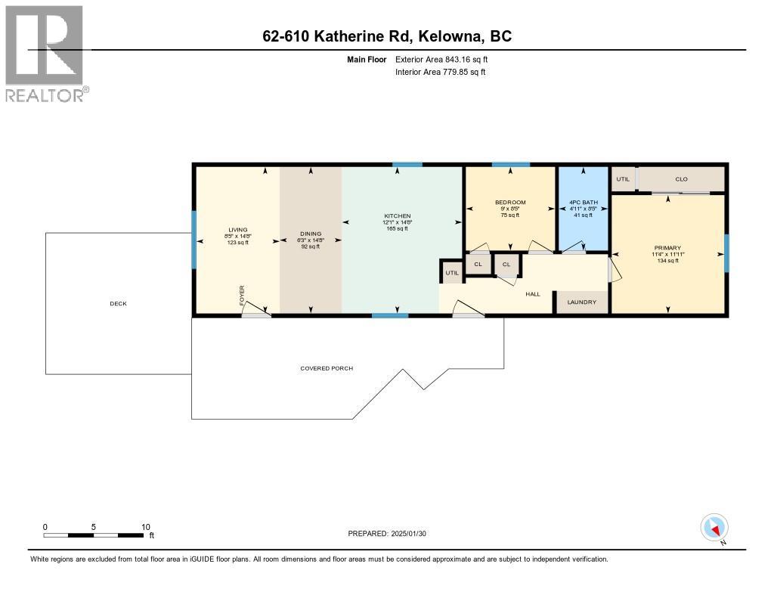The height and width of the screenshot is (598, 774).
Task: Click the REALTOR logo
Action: click(x=45, y=53)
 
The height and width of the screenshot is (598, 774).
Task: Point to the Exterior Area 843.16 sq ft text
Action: click(x=447, y=59)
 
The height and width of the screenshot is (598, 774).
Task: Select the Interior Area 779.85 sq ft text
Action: click(x=440, y=72)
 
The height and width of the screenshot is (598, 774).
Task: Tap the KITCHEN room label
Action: click(x=397, y=216)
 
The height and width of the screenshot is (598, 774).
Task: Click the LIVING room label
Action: click(x=238, y=230)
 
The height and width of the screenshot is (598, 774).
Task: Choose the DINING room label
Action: click(x=311, y=234)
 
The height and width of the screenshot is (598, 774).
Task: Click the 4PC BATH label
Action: click(x=583, y=203)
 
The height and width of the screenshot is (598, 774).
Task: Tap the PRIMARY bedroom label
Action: click(x=668, y=248)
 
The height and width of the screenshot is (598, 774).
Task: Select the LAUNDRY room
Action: click(x=582, y=302)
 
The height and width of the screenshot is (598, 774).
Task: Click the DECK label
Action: click(x=118, y=304)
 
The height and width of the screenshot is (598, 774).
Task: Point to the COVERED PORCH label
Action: click(x=327, y=368)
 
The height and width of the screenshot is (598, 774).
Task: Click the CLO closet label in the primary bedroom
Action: click(x=681, y=179)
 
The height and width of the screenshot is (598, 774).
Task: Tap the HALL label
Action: click(x=533, y=293)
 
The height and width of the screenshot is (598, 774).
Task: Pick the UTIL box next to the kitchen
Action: click(x=452, y=273)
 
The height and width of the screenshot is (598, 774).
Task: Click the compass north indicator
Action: click(x=714, y=528)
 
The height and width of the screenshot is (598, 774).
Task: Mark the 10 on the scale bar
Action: click(x=146, y=527)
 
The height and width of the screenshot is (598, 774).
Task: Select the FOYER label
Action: click(x=243, y=292)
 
